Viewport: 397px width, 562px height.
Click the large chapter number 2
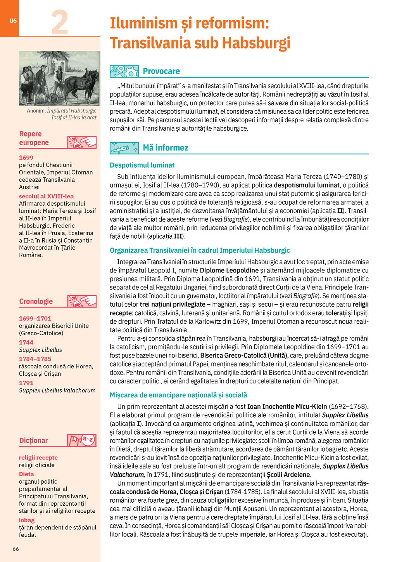click(x=60, y=23)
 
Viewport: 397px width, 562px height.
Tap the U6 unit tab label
click(x=13, y=21)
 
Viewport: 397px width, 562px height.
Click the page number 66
click(x=16, y=549)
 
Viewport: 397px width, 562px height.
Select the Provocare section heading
click(x=161, y=71)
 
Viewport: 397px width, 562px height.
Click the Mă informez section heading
click(x=166, y=147)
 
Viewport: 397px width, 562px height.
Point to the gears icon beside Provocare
click(x=124, y=71)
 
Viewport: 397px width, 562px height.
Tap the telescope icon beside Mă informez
click(x=124, y=148)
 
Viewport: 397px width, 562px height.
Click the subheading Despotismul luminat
click(x=142, y=165)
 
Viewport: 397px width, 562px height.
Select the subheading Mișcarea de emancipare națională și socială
click(x=178, y=395)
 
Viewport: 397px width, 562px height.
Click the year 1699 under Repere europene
click(x=26, y=158)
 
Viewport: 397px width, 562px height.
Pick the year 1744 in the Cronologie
click(x=26, y=342)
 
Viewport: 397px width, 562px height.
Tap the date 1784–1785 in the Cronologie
click(x=35, y=359)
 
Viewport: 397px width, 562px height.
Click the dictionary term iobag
click(x=27, y=520)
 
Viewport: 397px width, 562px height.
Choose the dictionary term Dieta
click(x=26, y=474)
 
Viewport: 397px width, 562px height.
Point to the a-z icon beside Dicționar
click(x=82, y=440)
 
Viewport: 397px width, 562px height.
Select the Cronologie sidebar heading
click(x=36, y=302)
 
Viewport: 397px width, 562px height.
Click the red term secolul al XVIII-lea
click(x=46, y=196)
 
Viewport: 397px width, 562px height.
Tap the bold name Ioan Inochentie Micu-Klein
click(x=287, y=406)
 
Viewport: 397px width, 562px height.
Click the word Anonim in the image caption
click(x=36, y=111)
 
